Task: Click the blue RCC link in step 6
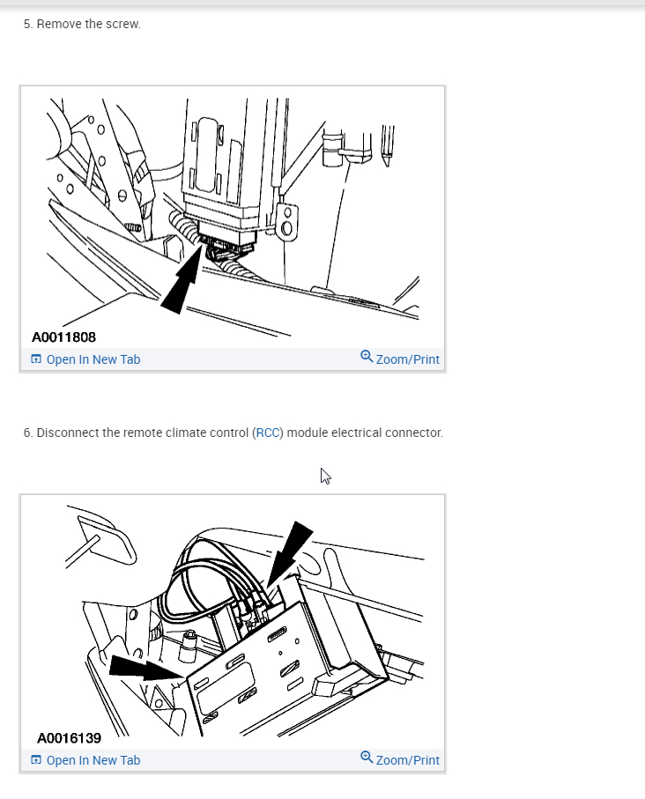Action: click(268, 433)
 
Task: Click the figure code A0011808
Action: click(63, 337)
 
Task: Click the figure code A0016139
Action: click(69, 738)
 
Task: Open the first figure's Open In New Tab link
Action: click(85, 359)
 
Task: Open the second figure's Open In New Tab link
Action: click(85, 760)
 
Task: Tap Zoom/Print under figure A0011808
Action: click(400, 359)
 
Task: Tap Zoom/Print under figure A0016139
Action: click(400, 759)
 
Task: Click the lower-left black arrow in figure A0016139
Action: click(145, 668)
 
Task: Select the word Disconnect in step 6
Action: click(68, 433)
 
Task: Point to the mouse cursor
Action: click(325, 476)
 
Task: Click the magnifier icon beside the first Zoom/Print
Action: click(367, 356)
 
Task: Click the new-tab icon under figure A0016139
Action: click(36, 759)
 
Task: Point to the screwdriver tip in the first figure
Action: click(387, 163)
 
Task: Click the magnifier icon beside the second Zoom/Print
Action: click(367, 758)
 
